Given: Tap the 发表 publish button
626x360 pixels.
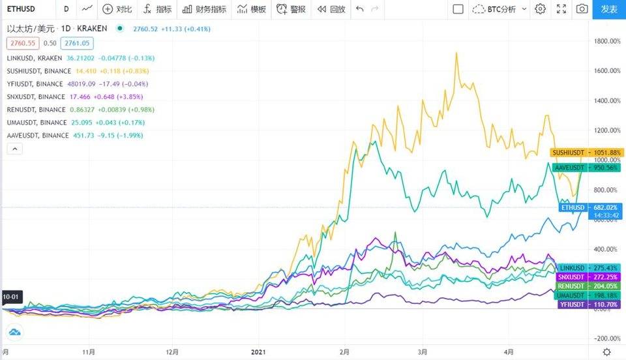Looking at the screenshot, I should (608, 9).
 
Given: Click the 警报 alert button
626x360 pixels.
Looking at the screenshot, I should (291, 9).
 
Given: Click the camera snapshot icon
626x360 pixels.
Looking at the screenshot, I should (582, 9).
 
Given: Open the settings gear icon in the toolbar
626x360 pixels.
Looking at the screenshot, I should (540, 9).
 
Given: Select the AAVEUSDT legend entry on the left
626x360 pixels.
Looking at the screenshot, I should (37, 135).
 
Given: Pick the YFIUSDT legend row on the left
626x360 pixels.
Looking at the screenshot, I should (35, 83).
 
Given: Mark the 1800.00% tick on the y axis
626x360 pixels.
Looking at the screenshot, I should (606, 41).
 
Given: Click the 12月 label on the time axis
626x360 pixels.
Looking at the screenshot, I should (172, 352).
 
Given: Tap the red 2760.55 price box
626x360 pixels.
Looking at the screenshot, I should (22, 43).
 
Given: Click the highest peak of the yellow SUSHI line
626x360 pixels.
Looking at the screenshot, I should (455, 53).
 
